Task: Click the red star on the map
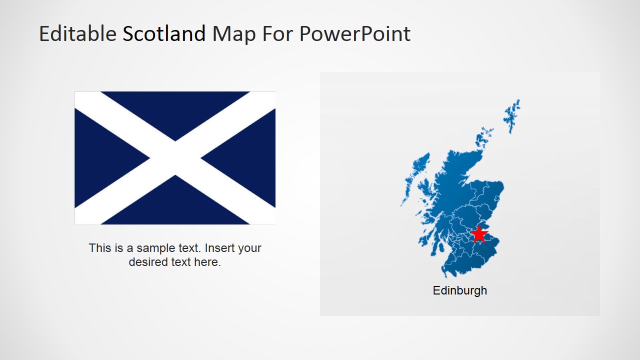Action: coord(479,234)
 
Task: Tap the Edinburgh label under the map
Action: coord(459,290)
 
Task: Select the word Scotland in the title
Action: coord(164,34)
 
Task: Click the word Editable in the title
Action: coord(77,34)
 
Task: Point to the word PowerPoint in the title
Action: coord(354,34)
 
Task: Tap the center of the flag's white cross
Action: coord(175,158)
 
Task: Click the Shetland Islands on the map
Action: coord(512,115)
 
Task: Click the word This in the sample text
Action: coord(100,248)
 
